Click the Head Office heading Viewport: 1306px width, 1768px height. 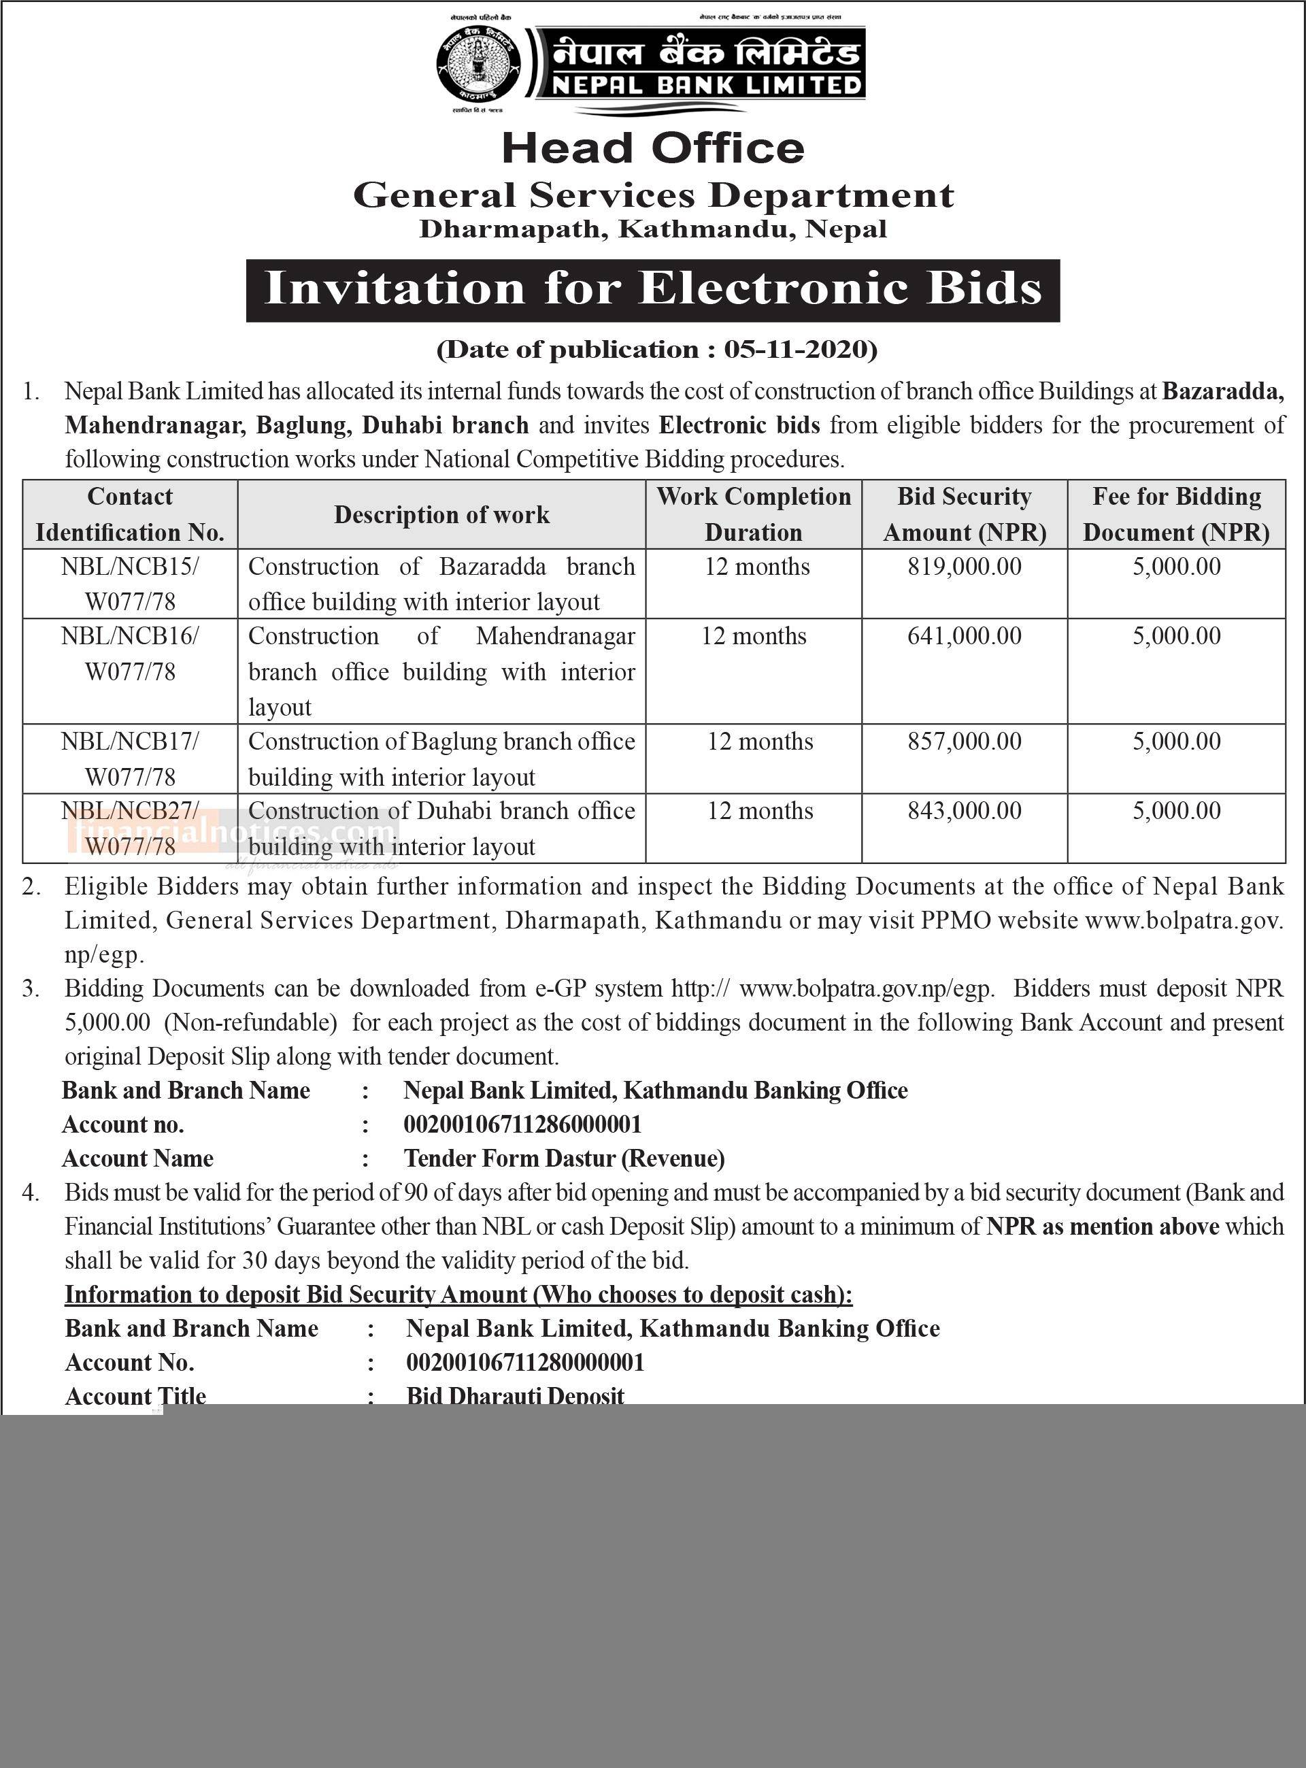tap(653, 148)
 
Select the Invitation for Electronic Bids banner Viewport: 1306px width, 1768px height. tap(653, 289)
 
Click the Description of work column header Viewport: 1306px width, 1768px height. tap(441, 515)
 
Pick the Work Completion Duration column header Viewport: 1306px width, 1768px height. tap(754, 514)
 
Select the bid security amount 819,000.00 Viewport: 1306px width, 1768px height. tap(965, 567)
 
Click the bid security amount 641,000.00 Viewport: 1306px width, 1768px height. tap(965, 637)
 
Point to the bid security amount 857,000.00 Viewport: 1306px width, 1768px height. tap(965, 741)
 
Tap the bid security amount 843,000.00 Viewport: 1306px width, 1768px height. tap(965, 812)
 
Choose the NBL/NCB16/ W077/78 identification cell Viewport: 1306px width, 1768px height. tap(131, 654)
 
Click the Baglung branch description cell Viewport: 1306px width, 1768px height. tap(441, 759)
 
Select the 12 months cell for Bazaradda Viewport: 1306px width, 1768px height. tap(757, 567)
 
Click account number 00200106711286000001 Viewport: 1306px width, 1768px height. tap(522, 1124)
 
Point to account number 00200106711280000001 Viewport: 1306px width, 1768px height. tap(525, 1363)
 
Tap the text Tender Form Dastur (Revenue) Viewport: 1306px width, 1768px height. tap(565, 1158)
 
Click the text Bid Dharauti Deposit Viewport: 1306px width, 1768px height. tap(516, 1396)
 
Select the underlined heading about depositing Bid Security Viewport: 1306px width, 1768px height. tap(458, 1295)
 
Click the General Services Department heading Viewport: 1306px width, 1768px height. tap(653, 195)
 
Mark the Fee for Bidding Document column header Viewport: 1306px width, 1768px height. tap(1176, 514)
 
